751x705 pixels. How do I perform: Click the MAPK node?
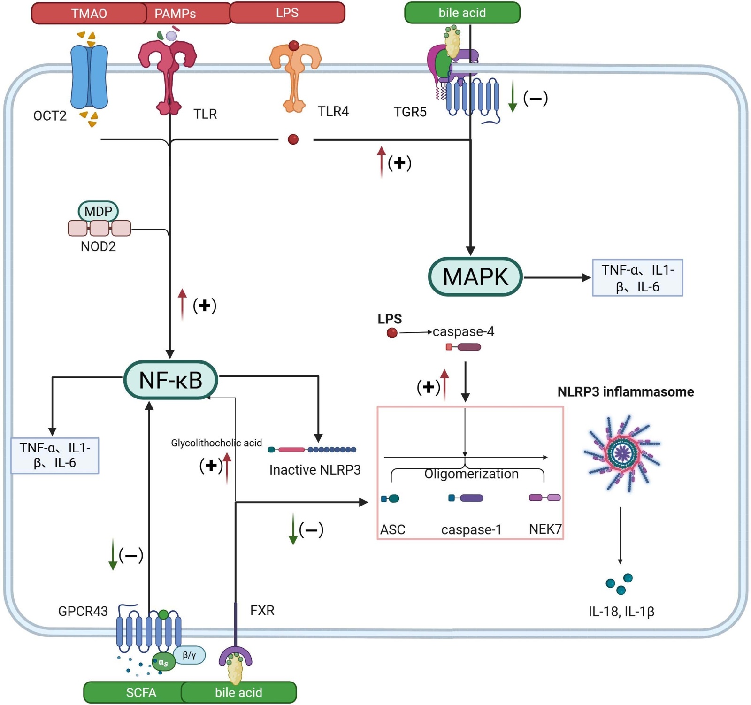tap(475, 277)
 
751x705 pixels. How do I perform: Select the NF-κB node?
tap(170, 380)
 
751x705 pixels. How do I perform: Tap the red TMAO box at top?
tap(89, 13)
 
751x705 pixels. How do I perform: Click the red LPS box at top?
tap(287, 13)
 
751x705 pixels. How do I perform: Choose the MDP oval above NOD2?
tap(98, 211)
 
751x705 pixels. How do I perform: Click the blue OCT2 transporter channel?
tap(89, 77)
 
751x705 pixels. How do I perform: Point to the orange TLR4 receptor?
tap(295, 75)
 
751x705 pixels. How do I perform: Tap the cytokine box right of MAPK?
tap(637, 278)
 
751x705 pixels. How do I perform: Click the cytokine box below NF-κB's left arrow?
tap(55, 455)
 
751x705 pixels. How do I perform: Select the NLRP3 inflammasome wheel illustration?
tap(622, 453)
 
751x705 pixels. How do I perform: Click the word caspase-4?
tap(463, 332)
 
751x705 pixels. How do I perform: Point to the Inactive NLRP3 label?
tap(315, 470)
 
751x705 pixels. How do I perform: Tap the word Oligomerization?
tap(471, 474)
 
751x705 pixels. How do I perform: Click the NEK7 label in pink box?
tap(545, 529)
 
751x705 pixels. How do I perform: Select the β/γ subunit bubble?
tap(189, 655)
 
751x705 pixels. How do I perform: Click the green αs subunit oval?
tap(163, 662)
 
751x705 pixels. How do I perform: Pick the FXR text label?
tap(262, 610)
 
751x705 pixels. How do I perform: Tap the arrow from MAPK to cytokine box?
tap(557, 277)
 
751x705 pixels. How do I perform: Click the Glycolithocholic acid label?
tap(216, 443)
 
